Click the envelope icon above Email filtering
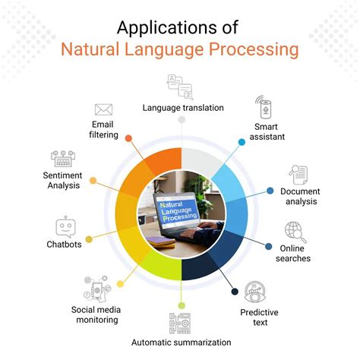[x=104, y=109]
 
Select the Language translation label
[x=183, y=108]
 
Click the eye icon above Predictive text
[x=253, y=291]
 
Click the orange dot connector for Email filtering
[x=128, y=139]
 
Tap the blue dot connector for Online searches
[x=270, y=245]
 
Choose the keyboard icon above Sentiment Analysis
[x=62, y=159]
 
